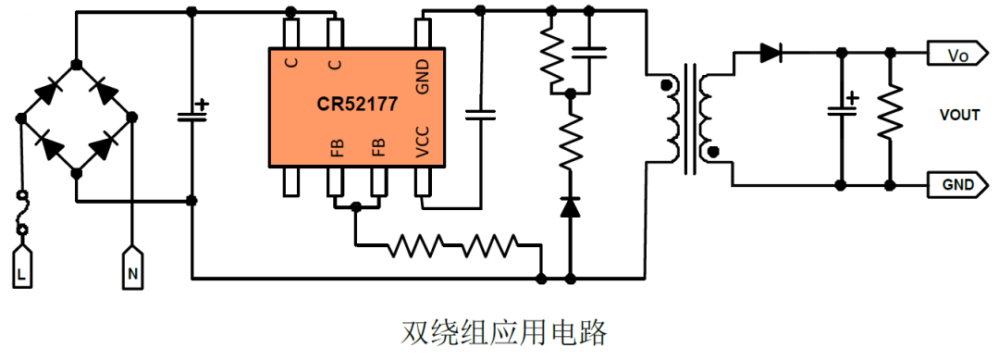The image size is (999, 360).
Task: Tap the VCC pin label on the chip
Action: pos(423,148)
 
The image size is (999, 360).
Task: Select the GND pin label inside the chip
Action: pos(423,75)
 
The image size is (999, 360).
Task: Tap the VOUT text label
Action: pos(959,116)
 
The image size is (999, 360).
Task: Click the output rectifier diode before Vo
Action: pos(770,54)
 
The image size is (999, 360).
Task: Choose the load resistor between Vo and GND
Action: pos(890,113)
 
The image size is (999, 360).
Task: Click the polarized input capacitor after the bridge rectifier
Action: pos(191,116)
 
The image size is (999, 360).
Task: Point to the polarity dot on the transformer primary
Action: pos(664,87)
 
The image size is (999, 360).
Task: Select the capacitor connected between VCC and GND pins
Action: pos(481,115)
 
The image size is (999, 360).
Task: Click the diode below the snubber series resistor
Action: pos(570,206)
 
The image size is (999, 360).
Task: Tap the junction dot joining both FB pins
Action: pos(355,208)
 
